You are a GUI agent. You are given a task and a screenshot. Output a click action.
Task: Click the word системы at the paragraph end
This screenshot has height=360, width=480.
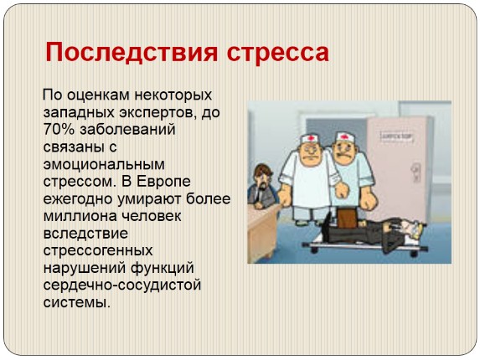[75, 302]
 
